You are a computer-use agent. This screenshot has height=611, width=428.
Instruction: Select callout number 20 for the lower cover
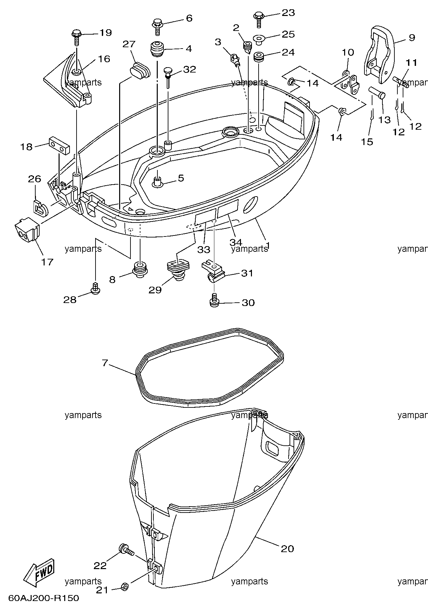pyautogui.click(x=287, y=548)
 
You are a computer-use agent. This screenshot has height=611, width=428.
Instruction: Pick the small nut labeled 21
pyautogui.click(x=124, y=595)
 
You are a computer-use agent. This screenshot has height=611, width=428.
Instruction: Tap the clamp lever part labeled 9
pyautogui.click(x=378, y=55)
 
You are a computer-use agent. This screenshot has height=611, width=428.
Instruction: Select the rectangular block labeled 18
pyautogui.click(x=59, y=145)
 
